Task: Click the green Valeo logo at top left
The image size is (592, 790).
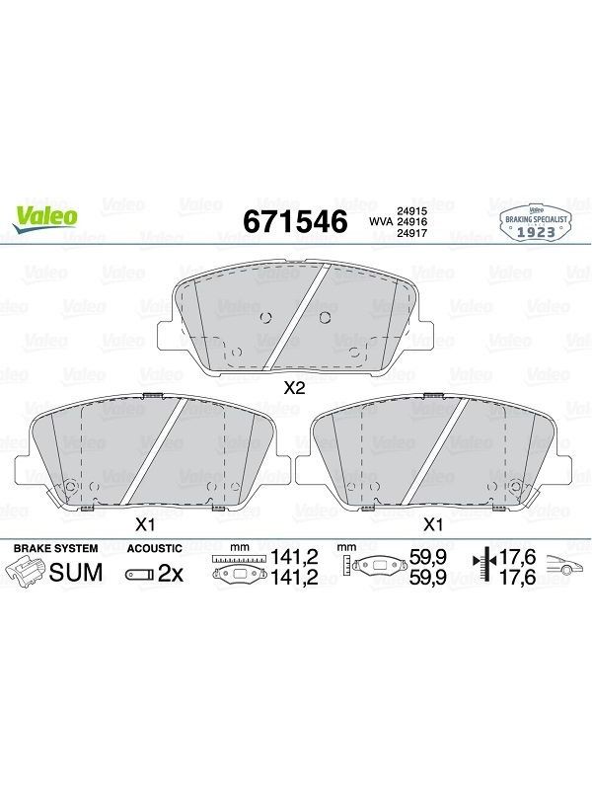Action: pyautogui.click(x=45, y=219)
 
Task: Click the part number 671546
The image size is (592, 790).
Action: pyautogui.click(x=295, y=221)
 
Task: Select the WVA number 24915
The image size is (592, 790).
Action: pyautogui.click(x=412, y=211)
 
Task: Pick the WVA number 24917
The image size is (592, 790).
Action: pyautogui.click(x=412, y=233)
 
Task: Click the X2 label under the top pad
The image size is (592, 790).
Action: pyautogui.click(x=295, y=388)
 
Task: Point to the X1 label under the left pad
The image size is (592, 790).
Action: pyautogui.click(x=144, y=525)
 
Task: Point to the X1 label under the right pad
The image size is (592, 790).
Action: pyautogui.click(x=433, y=525)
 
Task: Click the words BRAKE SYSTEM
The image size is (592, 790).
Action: pyautogui.click(x=56, y=548)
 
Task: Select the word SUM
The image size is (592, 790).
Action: pyautogui.click(x=76, y=573)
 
